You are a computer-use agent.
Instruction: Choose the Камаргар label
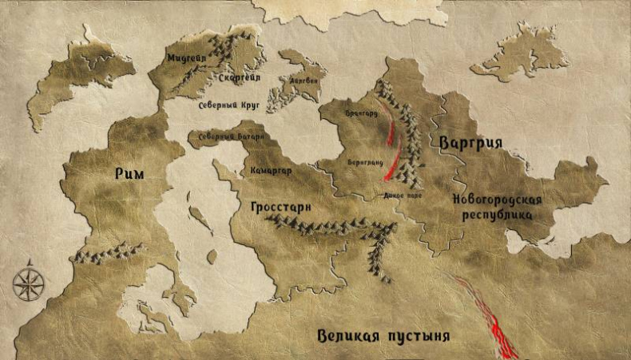[271, 170]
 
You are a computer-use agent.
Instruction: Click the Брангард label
[361, 114]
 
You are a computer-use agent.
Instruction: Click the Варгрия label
[470, 143]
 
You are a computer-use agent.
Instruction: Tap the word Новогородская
[496, 199]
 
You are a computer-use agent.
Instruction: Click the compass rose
[29, 283]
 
